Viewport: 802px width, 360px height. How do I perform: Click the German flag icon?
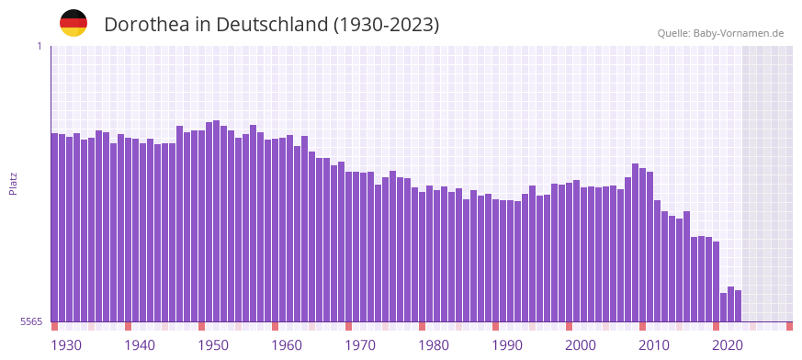[73, 23]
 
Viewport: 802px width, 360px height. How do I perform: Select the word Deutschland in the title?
[267, 25]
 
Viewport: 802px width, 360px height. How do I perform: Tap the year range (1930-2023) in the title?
[386, 25]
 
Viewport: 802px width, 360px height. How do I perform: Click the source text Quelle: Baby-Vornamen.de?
[720, 33]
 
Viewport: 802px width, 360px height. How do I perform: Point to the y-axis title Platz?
[13, 183]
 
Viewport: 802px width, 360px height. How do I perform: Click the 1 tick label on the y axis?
[39, 46]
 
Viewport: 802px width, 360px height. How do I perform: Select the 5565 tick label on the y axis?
[31, 322]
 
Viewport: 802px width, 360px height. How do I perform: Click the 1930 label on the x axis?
[66, 345]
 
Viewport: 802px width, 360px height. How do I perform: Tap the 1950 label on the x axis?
[213, 345]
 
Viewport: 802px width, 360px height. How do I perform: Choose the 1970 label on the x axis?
[360, 345]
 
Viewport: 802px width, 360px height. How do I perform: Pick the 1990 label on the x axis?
[507, 345]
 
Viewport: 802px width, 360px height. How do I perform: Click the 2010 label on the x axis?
[654, 345]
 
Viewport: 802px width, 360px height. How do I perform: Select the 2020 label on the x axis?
[728, 345]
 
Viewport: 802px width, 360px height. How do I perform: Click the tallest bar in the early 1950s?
[216, 220]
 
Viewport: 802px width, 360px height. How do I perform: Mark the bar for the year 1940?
[128, 230]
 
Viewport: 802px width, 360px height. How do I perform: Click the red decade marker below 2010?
[642, 326]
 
